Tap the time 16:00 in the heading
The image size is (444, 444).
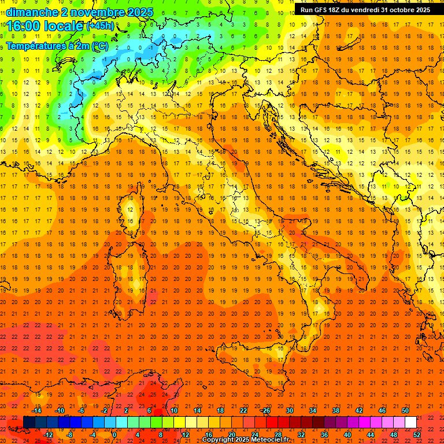pyautogui.click(x=24, y=26)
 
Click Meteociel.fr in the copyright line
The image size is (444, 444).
pyautogui.click(x=270, y=440)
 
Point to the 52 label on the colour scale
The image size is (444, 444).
pyautogui.click(x=417, y=435)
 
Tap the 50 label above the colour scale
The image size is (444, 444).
pyautogui.click(x=405, y=410)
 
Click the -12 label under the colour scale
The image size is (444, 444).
pyautogui.click(x=48, y=435)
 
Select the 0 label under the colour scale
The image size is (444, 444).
pyautogui.click(x=114, y=435)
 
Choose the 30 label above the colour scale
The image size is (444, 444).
pyautogui.click(x=290, y=410)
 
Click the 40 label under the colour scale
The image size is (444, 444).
pyautogui.click(x=347, y=435)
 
